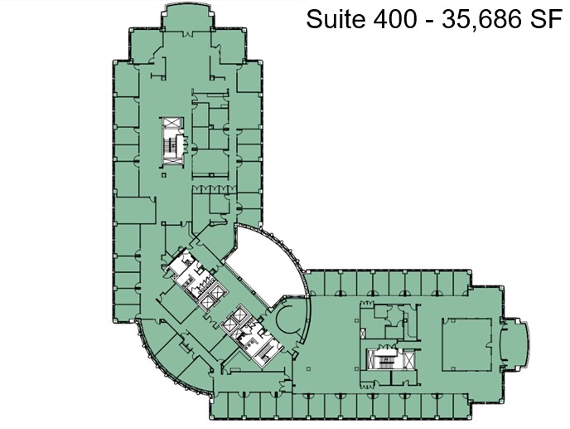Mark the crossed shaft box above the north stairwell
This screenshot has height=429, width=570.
point(171,124)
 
